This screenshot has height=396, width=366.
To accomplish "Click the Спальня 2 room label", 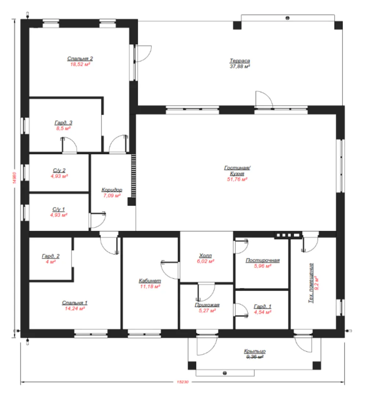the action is pyautogui.click(x=80, y=58).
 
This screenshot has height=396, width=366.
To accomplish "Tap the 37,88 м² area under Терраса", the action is pyautogui.click(x=240, y=66).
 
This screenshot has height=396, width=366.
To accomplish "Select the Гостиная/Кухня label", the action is pyautogui.click(x=237, y=170).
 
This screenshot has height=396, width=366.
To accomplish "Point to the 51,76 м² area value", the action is pyautogui.click(x=237, y=179).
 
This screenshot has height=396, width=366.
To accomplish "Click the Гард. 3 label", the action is pyautogui.click(x=63, y=122).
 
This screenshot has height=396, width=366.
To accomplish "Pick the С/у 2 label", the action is pyautogui.click(x=59, y=170).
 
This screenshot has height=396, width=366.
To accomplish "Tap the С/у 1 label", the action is pyautogui.click(x=59, y=209).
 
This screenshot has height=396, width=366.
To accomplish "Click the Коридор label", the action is pyautogui.click(x=111, y=190).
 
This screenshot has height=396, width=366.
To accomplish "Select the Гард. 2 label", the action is pyautogui.click(x=51, y=256).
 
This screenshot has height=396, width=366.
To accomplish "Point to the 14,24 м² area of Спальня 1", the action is pyautogui.click(x=74, y=309).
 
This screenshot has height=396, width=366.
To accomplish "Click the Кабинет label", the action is pyautogui.click(x=150, y=280).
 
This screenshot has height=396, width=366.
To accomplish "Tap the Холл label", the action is pyautogui.click(x=205, y=256).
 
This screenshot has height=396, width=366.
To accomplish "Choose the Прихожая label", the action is pyautogui.click(x=207, y=305).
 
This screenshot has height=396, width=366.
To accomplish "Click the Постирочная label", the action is pyautogui.click(x=263, y=260).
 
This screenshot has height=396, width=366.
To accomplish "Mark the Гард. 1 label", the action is pyautogui.click(x=263, y=306).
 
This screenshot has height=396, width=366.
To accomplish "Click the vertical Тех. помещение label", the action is pyautogui.click(x=311, y=283).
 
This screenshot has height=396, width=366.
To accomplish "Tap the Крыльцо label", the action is pyautogui.click(x=255, y=351).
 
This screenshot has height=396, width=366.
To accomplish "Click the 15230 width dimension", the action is pyautogui.click(x=182, y=382).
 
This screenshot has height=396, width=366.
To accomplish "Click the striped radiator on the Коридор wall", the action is pyautogui.click(x=133, y=176).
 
